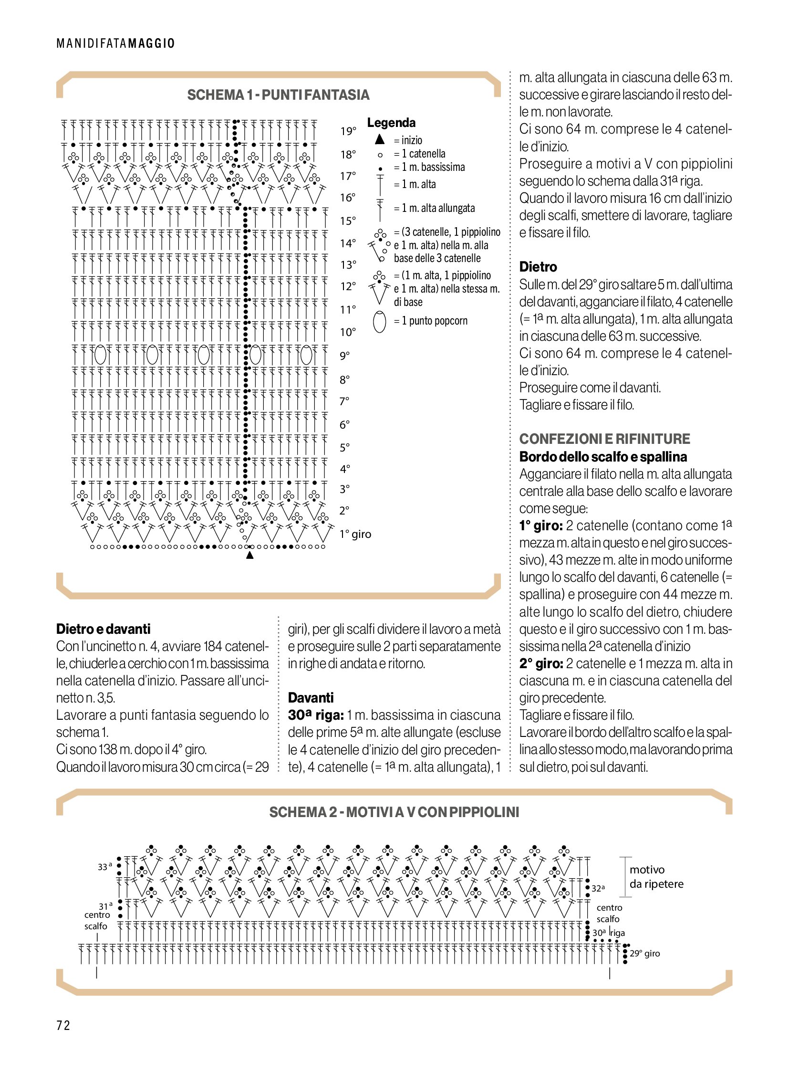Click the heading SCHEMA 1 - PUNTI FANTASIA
[278, 95]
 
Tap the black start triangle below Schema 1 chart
[249, 556]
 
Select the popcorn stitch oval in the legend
[379, 321]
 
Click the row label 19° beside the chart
[348, 131]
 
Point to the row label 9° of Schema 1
[344, 356]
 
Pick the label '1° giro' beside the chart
[355, 534]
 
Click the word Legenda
[391, 123]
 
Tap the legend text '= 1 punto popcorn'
[430, 321]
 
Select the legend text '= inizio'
[408, 140]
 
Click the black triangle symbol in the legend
[380, 139]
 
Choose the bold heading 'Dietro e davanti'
[103, 629]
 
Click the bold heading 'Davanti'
[311, 698]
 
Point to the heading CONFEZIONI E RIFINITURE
[604, 439]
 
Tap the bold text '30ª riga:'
[315, 715]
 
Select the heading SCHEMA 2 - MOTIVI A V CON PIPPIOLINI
[394, 812]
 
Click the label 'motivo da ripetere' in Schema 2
[656, 876]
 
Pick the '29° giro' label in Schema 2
[644, 954]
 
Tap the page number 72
[63, 1026]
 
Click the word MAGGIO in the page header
[151, 43]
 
